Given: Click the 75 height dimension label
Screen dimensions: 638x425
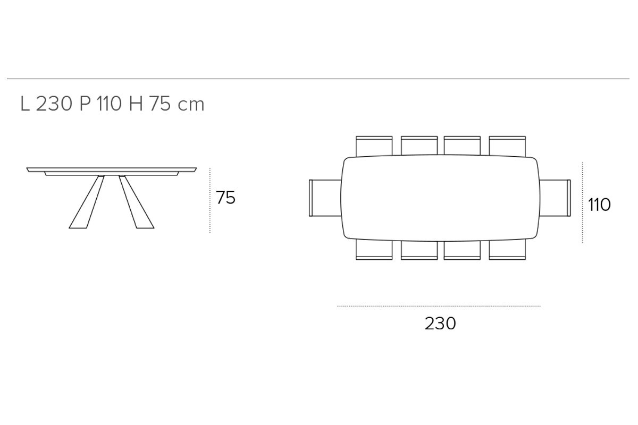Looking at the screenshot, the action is click(x=225, y=198).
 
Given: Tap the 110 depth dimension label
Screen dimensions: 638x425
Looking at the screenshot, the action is click(x=599, y=205).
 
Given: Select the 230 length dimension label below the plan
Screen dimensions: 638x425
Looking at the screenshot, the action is click(x=440, y=324).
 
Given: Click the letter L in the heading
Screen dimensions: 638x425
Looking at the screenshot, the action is click(x=25, y=104).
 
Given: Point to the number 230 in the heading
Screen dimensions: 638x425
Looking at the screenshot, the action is click(x=54, y=104).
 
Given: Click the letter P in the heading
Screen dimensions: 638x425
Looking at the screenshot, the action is click(x=85, y=104).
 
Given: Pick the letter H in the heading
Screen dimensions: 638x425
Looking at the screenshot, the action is click(x=136, y=104).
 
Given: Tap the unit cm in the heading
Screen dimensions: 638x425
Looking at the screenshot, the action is click(x=191, y=106).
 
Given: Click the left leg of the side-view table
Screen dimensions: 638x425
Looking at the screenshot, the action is click(x=87, y=202).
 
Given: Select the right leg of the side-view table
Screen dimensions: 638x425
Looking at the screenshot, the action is click(x=137, y=202).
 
